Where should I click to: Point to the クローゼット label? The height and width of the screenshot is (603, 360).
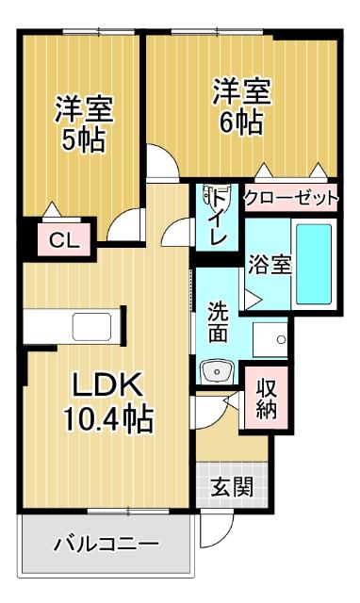pyautogui.click(x=290, y=198)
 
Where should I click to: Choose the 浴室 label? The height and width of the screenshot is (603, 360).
pyautogui.click(x=270, y=265)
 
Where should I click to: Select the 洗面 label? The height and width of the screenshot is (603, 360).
pyautogui.click(x=217, y=320)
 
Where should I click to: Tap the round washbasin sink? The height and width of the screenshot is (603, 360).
pyautogui.click(x=218, y=369)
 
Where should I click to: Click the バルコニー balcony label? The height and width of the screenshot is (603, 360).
pyautogui.click(x=106, y=544)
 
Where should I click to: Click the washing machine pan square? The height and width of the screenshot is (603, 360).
pyautogui.click(x=273, y=336)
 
